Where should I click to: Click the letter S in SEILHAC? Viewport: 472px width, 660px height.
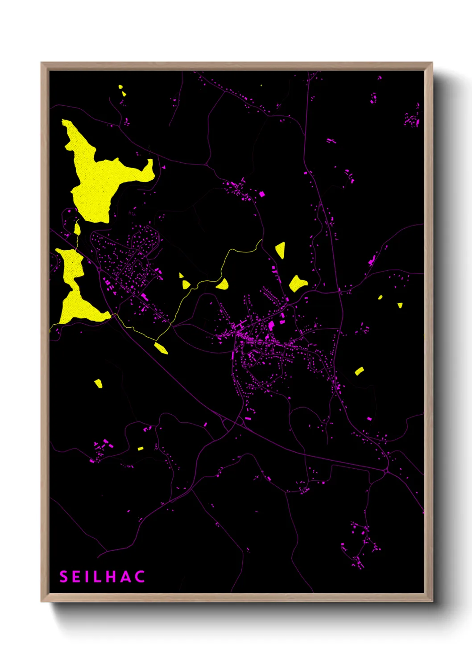point(64,577)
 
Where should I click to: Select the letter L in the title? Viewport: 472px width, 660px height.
point(96,577)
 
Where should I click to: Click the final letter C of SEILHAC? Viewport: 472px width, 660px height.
point(140,577)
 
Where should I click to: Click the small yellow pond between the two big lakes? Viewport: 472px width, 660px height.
point(78,229)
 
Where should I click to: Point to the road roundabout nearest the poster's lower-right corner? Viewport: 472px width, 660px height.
point(386,470)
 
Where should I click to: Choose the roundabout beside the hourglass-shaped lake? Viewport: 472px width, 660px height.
point(99,269)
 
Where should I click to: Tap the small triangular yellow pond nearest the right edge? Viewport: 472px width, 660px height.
point(400,305)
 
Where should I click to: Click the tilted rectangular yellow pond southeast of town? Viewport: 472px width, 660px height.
point(359,371)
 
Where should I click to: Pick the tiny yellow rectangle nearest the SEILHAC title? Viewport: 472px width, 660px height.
point(141,449)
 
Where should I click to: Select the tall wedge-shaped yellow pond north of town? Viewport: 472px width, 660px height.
point(281,250)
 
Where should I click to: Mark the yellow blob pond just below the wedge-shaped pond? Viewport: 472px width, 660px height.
point(298,284)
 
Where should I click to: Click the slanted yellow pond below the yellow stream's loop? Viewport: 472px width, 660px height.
point(161,348)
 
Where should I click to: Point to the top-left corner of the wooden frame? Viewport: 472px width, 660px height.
point(41,63)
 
